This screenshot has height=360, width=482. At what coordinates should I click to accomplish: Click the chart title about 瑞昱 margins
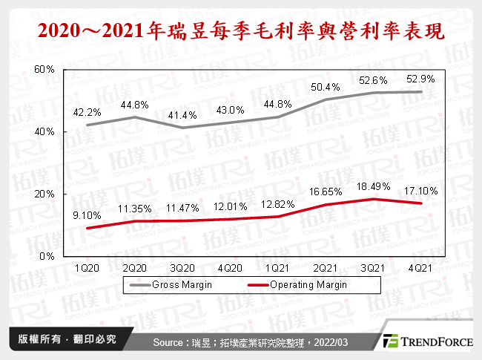tap(240, 31)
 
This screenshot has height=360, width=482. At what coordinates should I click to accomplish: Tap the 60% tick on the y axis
tap(45, 69)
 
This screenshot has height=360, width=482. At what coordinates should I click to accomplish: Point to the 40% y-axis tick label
tap(45, 131)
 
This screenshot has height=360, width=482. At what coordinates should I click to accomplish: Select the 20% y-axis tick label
tap(45, 194)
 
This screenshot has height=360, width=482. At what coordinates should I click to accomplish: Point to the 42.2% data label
tap(88, 113)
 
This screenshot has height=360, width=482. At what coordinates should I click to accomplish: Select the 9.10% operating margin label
tap(88, 216)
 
